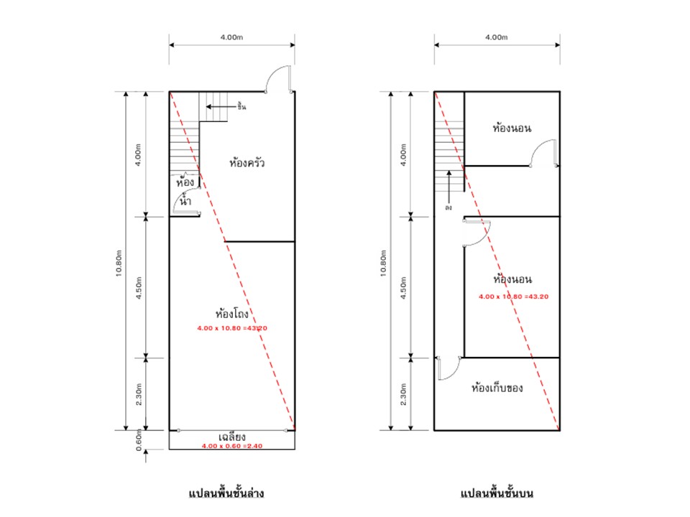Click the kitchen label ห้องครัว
247,163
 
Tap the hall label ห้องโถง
232,313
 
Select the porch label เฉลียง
232,437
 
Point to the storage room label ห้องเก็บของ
497,388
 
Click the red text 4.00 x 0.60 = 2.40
232,446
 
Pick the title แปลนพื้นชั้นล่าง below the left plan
226,493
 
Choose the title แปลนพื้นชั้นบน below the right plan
497,493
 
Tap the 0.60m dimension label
139,440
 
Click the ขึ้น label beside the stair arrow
241,106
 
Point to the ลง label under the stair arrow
448,207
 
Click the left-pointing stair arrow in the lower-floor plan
221,106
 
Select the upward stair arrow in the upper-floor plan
448,186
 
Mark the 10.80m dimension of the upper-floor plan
383,264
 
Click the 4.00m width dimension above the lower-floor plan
232,37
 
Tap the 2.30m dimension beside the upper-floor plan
403,394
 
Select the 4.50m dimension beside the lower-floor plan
139,288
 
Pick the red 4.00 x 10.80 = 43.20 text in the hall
232,328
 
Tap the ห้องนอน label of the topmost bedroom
512,128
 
